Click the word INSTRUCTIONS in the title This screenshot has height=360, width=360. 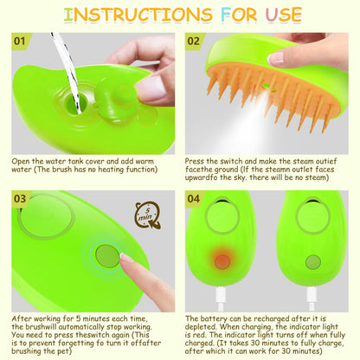(131, 15)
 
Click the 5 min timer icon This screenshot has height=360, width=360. (148, 215)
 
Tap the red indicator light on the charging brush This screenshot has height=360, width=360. (223, 260)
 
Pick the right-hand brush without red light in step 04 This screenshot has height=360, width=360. (313, 251)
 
